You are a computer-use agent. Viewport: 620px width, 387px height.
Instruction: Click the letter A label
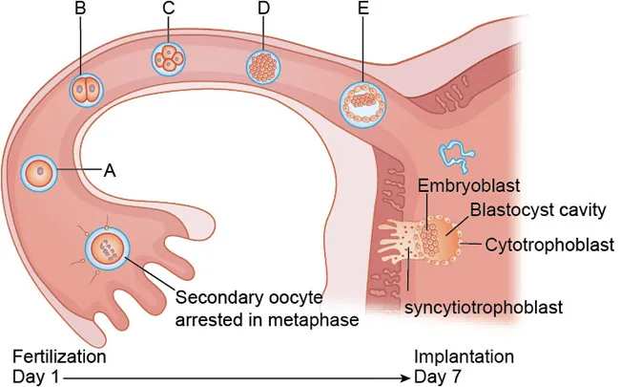click(110, 171)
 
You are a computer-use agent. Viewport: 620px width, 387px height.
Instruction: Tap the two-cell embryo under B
click(85, 91)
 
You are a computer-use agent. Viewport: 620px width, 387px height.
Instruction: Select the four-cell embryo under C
click(169, 58)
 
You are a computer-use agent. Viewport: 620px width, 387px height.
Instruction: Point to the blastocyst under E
click(363, 100)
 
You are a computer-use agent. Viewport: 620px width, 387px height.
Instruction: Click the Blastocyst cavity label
click(529, 208)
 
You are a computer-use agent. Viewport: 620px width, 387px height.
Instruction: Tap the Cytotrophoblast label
click(548, 245)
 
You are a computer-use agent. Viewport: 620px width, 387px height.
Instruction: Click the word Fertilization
click(59, 356)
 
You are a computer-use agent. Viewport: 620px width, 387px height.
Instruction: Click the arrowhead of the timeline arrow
click(405, 376)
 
